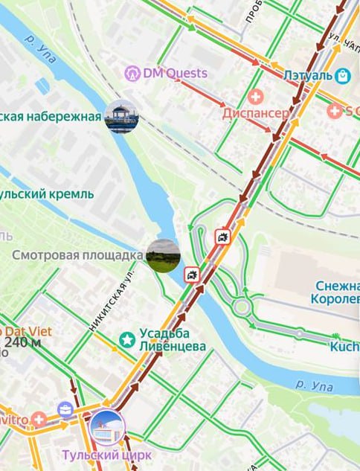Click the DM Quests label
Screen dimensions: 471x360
coord(175,73)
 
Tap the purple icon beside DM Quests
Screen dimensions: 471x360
coord(132,73)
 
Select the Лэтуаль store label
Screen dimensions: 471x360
coord(306,74)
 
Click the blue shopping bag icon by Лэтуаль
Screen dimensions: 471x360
coord(342,75)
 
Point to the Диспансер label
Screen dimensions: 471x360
coord(255,114)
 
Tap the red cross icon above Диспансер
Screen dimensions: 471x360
coord(256,97)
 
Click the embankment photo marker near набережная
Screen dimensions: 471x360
coord(121,117)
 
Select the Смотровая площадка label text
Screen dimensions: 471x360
coord(77,255)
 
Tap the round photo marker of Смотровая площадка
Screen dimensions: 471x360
coord(163,256)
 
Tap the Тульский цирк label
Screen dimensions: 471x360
coord(108,455)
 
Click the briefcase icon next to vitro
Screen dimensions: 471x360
coord(65,408)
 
